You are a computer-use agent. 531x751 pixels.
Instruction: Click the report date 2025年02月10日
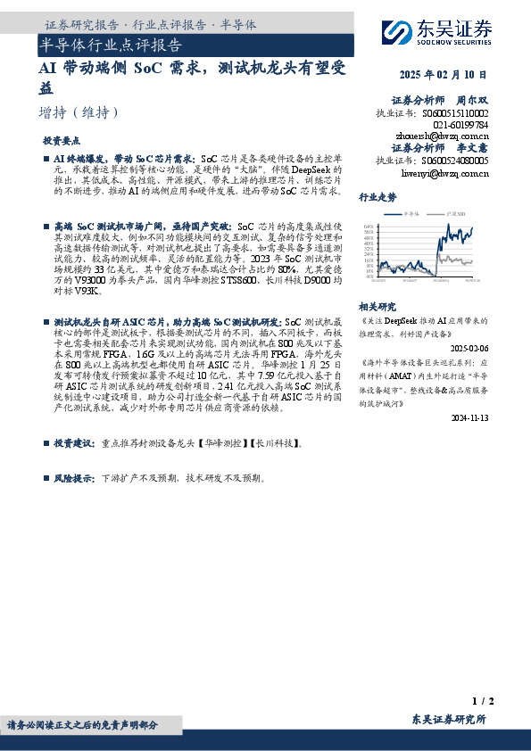pyautogui.click(x=444, y=74)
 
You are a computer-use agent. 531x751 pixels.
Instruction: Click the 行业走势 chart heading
pyautogui.click(x=377, y=197)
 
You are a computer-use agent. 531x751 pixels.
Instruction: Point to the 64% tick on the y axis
pyautogui.click(x=368, y=227)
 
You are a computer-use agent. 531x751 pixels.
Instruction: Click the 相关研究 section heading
pyautogui.click(x=377, y=305)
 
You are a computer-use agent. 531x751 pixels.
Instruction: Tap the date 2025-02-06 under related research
pyautogui.click(x=469, y=347)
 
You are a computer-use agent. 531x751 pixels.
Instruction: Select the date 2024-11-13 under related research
pyautogui.click(x=469, y=417)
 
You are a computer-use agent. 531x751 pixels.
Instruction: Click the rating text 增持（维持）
pyautogui.click(x=79, y=113)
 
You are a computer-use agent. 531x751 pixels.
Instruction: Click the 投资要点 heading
pyautogui.click(x=62, y=141)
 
